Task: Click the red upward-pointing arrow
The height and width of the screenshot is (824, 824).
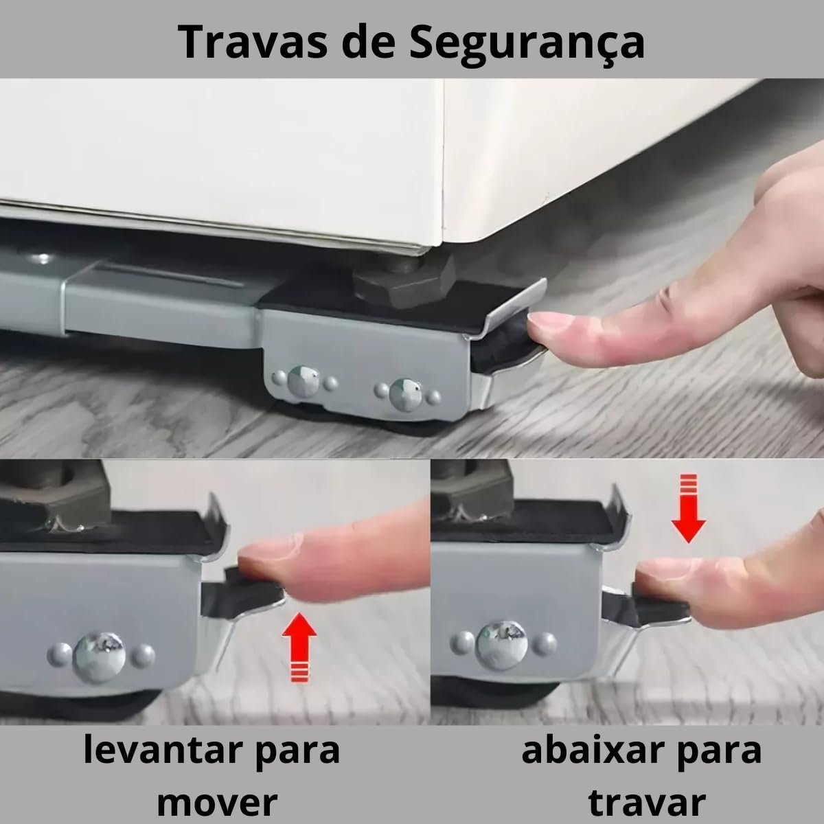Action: point(299,647)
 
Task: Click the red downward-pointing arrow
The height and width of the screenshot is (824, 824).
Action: point(688,508)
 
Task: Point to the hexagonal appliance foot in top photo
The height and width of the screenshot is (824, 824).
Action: point(404,283)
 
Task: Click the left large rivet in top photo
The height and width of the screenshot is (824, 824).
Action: point(304,381)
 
